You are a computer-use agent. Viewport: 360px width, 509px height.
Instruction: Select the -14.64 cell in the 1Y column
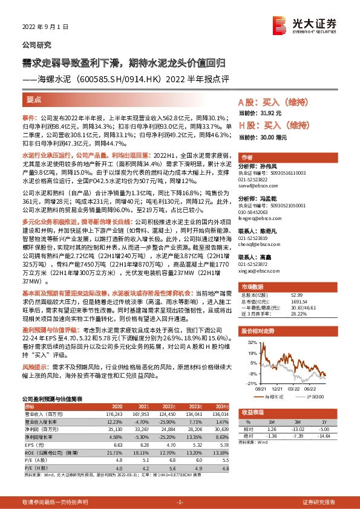(324, 436)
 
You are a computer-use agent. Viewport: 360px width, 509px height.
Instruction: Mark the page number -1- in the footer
(180, 502)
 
